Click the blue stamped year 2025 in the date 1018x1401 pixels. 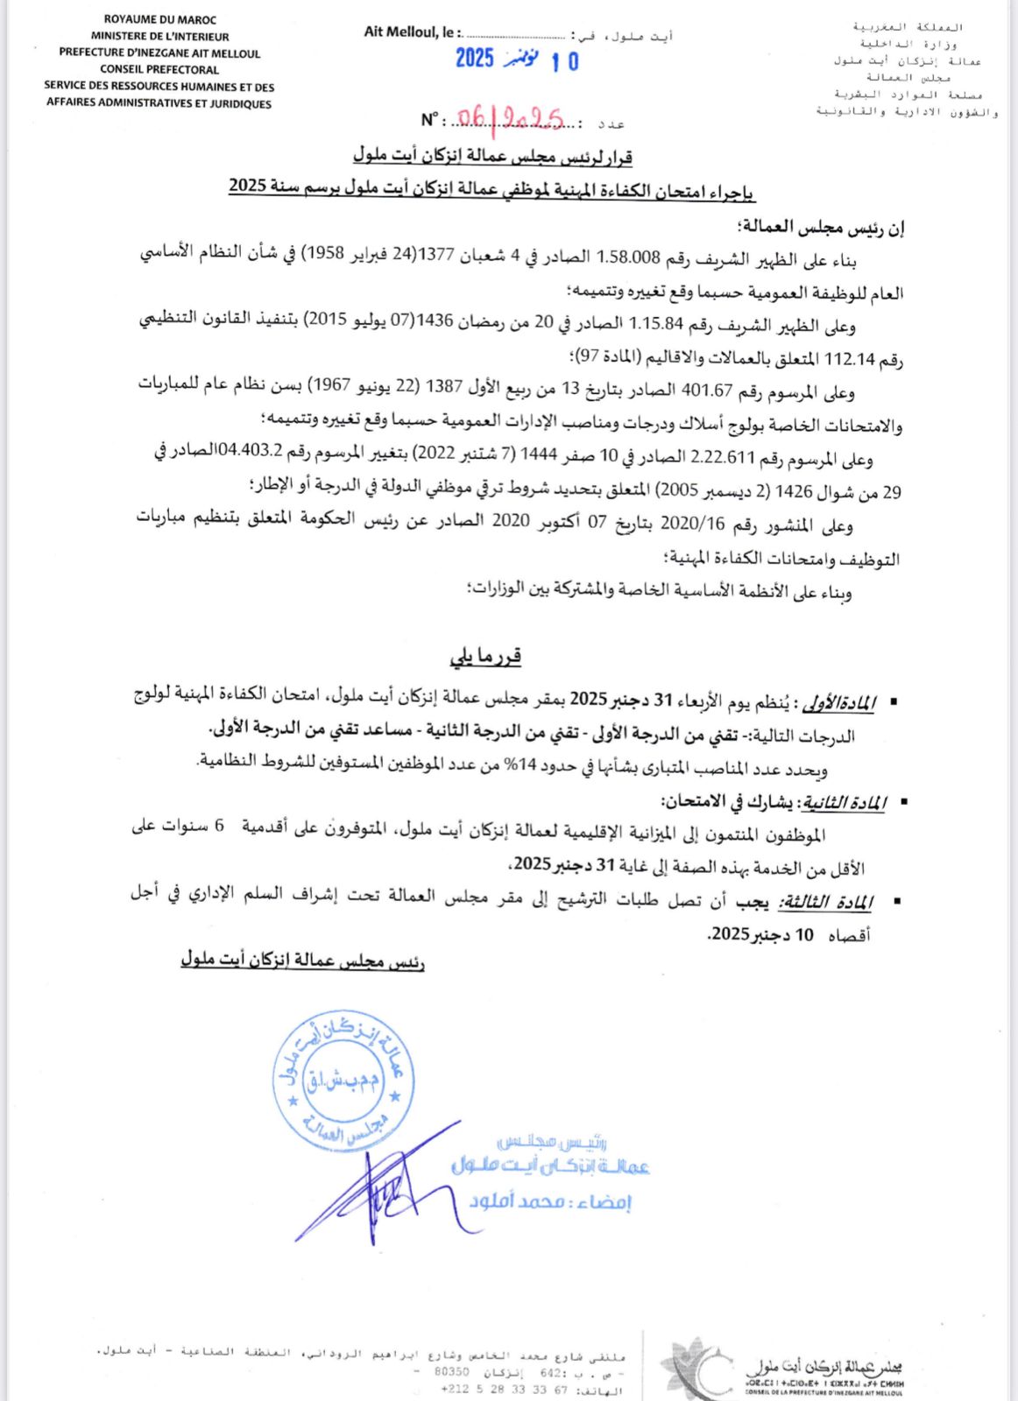475,59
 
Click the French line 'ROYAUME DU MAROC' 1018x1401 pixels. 159,19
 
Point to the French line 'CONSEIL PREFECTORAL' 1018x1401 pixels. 159,69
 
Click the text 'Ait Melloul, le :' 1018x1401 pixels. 410,32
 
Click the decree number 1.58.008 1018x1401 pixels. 628,257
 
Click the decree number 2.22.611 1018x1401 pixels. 723,458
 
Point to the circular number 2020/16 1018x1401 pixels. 692,524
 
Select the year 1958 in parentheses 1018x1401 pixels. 322,255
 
